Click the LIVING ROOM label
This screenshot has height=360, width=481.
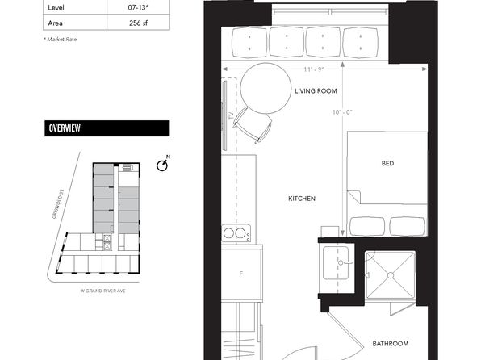click(316, 91)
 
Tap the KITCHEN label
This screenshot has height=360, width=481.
click(302, 199)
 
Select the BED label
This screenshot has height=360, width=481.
click(387, 163)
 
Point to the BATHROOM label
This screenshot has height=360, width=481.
click(390, 343)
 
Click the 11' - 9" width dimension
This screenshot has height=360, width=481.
click(314, 69)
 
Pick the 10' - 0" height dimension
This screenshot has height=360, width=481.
click(342, 112)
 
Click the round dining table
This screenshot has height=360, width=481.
click(266, 89)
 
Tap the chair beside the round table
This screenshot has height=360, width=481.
click(253, 125)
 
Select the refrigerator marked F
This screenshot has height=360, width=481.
click(242, 273)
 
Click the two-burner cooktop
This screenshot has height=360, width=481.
click(236, 233)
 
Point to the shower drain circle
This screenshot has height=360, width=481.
click(391, 275)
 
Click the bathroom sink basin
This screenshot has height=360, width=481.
click(336, 262)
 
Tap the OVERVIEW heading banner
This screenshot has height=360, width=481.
click(107, 128)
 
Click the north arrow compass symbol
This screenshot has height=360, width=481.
click(163, 165)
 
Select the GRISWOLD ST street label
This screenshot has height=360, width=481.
click(58, 203)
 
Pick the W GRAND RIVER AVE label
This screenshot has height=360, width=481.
click(102, 291)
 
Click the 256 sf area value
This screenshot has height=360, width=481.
click(138, 23)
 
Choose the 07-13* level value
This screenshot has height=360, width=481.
click(138, 8)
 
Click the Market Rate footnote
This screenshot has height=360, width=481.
click(61, 40)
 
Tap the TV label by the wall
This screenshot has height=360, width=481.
click(231, 116)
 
